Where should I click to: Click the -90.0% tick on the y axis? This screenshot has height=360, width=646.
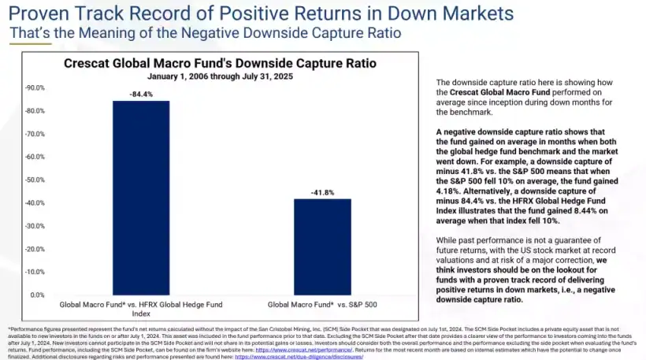36,88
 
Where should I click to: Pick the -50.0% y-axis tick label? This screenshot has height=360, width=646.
36,180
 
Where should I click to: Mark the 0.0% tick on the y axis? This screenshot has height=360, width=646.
38,295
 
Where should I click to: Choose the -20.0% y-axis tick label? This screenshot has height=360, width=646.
36,249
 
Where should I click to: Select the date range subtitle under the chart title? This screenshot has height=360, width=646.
220,76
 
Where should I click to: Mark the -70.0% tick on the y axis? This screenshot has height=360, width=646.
36,134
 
